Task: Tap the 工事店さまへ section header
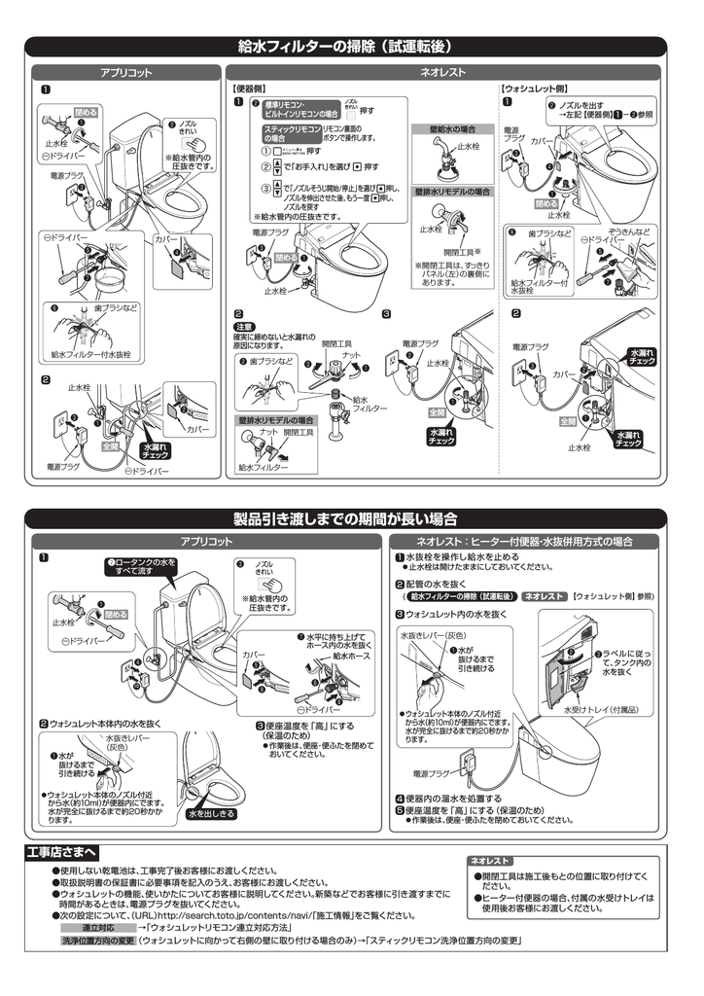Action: [61, 852]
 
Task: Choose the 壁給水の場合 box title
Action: [445, 128]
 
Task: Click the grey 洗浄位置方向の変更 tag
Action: [98, 942]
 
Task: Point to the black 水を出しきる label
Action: [211, 813]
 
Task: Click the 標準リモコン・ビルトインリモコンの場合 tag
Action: [297, 108]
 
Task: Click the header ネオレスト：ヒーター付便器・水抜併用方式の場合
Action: [524, 541]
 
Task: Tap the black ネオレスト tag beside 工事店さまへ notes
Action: [490, 861]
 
